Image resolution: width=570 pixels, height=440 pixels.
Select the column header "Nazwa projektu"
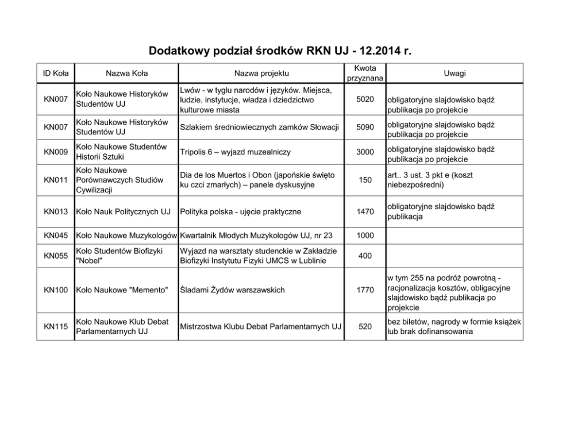[x=261, y=74]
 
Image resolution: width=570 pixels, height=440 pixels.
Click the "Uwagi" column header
[x=455, y=74]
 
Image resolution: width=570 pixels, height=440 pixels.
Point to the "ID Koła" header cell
[x=56, y=74]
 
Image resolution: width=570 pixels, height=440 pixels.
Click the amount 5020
[x=365, y=99]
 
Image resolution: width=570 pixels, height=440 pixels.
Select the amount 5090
[x=365, y=127]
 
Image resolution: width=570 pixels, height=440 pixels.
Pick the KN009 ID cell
[x=56, y=152]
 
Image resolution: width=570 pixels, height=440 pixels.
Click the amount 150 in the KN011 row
[x=365, y=180]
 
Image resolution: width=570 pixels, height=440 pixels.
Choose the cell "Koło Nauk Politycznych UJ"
[x=123, y=212]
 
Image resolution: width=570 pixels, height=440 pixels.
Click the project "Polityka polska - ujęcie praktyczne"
[x=240, y=212]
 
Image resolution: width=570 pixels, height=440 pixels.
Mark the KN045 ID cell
[x=56, y=235]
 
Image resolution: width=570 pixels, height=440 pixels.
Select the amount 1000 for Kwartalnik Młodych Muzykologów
[x=365, y=235]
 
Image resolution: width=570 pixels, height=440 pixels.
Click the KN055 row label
[x=56, y=256]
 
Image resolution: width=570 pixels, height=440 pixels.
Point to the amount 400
[x=365, y=256]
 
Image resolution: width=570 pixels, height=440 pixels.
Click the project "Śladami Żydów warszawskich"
[x=233, y=290]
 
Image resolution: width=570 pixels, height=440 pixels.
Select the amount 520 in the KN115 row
[x=365, y=327]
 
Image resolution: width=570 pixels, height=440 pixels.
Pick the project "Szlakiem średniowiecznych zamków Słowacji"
[x=260, y=127]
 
